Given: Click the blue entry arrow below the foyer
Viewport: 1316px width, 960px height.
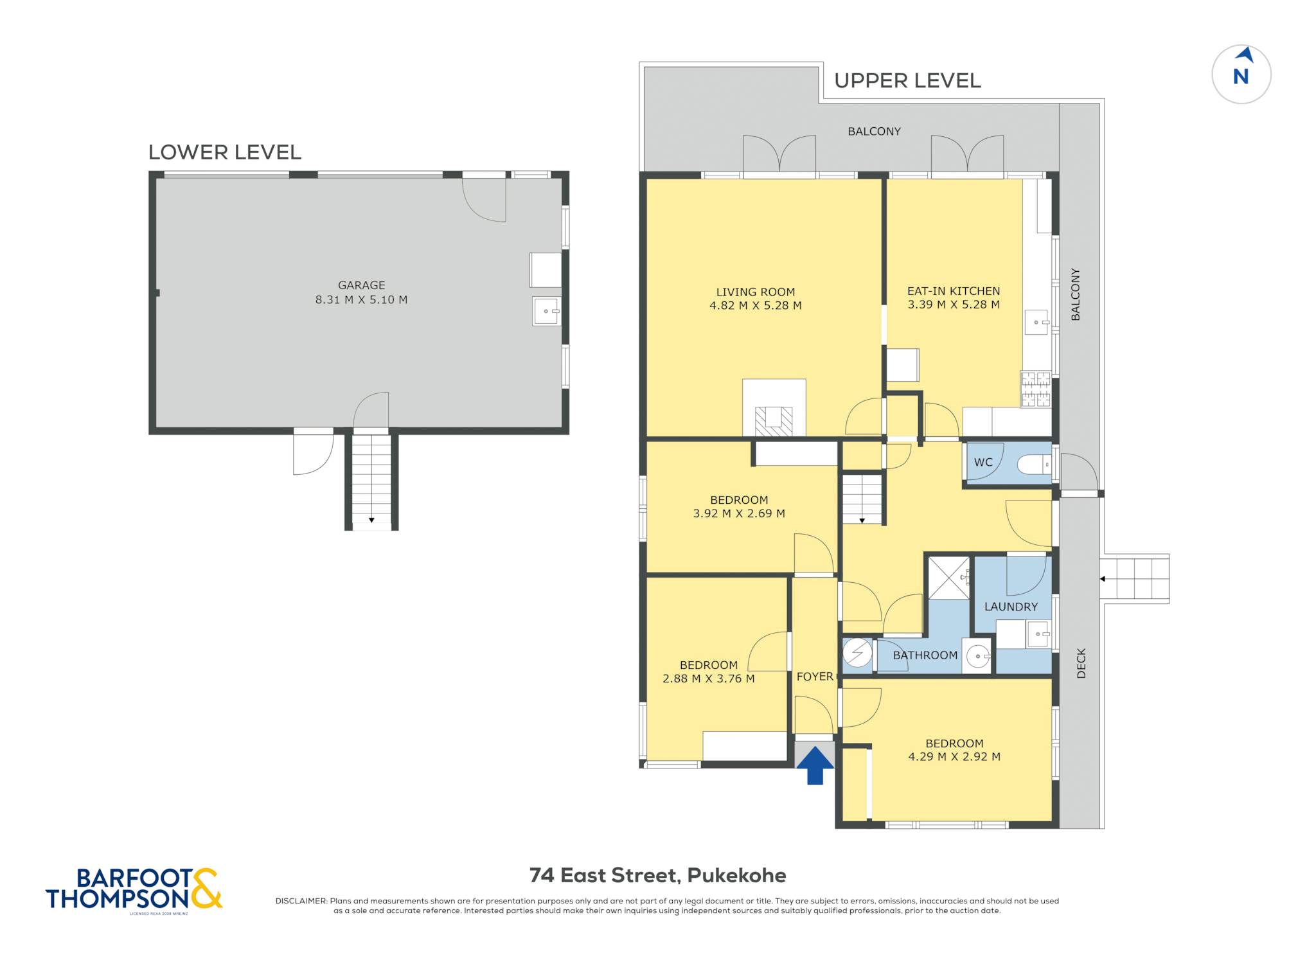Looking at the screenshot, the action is coord(815,765).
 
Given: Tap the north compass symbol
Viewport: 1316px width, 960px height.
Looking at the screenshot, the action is coord(1241,75).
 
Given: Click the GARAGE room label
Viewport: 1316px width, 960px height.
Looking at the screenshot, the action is coord(362,285).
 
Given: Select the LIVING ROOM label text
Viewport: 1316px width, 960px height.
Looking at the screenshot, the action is coord(756,292).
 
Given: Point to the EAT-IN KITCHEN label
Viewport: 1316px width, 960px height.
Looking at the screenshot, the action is coord(954,291).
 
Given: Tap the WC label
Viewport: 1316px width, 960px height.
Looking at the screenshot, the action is coord(983,462).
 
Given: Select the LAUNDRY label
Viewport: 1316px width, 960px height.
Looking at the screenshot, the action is coord(1011,607).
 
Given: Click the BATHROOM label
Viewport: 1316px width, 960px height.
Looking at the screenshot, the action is coord(925,655).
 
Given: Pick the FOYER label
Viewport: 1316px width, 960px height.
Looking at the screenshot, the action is coord(815,677).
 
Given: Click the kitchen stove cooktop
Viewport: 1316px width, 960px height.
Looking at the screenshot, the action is coord(1036,389).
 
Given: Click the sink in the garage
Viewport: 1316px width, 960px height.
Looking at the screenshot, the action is coord(547,311).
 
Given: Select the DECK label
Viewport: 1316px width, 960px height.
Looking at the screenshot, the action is coord(1081,663).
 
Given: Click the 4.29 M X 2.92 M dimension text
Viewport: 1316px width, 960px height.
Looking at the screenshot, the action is coord(954,757).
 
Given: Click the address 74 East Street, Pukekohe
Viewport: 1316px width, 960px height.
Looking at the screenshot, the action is coord(658,875).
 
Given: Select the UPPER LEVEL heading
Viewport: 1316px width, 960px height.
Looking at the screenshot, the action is coord(907,81).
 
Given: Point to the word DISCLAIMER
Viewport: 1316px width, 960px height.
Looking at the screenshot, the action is coord(301,901).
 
